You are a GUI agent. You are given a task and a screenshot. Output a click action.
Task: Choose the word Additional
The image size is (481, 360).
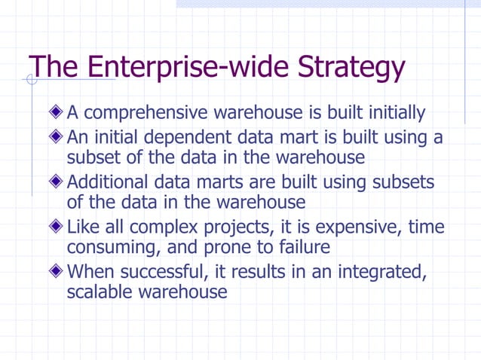pyautogui.click(x=113, y=183)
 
